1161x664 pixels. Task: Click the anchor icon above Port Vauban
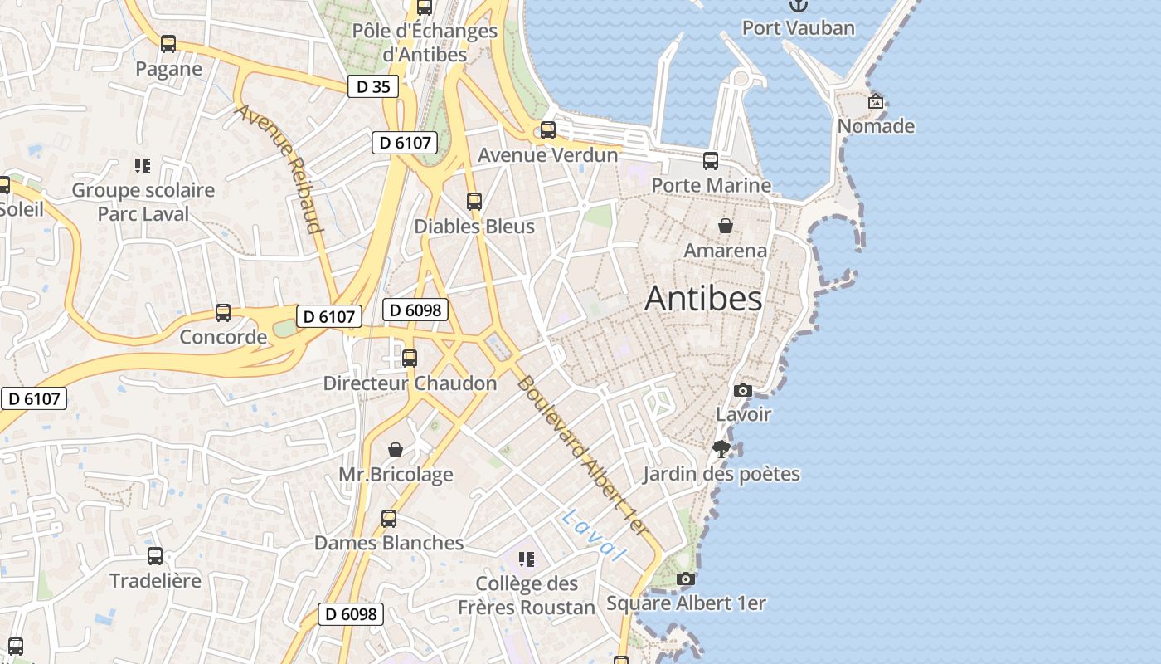pyautogui.click(x=798, y=6)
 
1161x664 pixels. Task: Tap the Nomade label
pyautogui.click(x=876, y=126)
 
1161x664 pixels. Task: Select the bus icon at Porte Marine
pyautogui.click(x=711, y=161)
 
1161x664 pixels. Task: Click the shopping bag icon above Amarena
pyautogui.click(x=725, y=226)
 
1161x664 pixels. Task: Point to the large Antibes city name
pyautogui.click(x=703, y=299)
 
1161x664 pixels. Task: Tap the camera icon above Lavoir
pyautogui.click(x=743, y=390)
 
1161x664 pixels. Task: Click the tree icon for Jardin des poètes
pyautogui.click(x=721, y=449)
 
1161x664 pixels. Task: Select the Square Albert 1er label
pyautogui.click(x=686, y=603)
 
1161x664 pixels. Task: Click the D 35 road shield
pyautogui.click(x=373, y=86)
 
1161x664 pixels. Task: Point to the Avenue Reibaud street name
pyautogui.click(x=279, y=168)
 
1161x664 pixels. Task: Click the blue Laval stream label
pyautogui.click(x=591, y=536)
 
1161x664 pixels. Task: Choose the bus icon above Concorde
pyautogui.click(x=223, y=313)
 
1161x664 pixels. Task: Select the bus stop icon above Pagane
pyautogui.click(x=168, y=44)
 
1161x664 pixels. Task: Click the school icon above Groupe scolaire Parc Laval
pyautogui.click(x=143, y=166)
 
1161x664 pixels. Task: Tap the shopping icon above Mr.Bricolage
pyautogui.click(x=396, y=450)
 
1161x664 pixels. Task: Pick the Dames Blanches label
pyautogui.click(x=389, y=543)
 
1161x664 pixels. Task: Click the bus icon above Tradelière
pyautogui.click(x=155, y=556)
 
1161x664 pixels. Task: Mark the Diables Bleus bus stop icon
pyautogui.click(x=474, y=202)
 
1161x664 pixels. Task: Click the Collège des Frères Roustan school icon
pyautogui.click(x=527, y=559)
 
